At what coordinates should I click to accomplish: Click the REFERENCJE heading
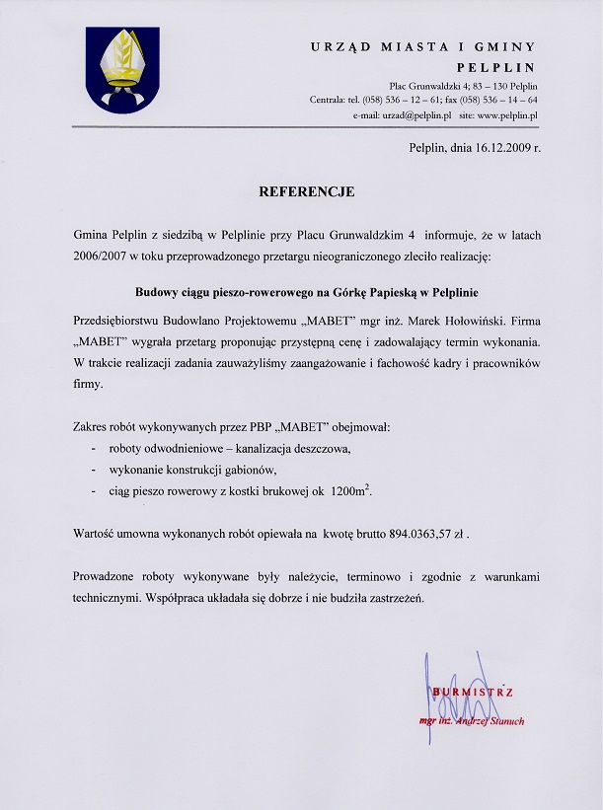click(x=306, y=191)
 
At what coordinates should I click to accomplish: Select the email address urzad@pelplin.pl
click(x=412, y=115)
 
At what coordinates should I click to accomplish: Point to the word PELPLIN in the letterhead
click(x=495, y=67)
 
